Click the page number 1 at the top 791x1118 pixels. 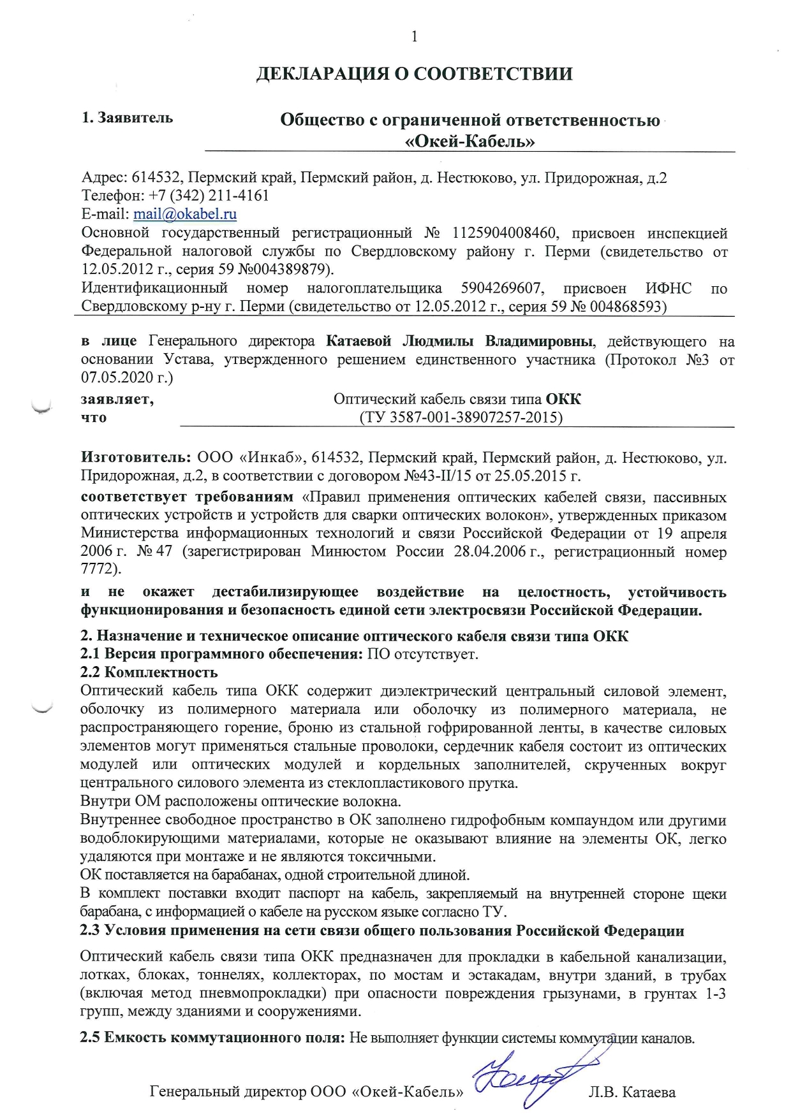(415, 37)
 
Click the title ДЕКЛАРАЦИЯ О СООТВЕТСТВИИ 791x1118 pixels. (414, 74)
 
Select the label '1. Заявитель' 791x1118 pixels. (128, 118)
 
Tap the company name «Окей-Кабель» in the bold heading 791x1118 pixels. (470, 141)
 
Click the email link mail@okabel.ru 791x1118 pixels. (185, 214)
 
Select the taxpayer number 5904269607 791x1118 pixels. (502, 289)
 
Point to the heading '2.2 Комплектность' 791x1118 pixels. (149, 672)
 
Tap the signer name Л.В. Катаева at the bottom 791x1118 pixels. (632, 1093)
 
